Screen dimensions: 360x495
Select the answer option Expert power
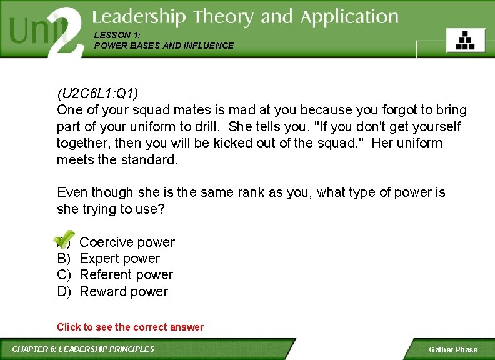[x=119, y=259]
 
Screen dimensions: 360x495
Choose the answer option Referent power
[x=126, y=275]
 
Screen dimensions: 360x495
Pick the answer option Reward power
[x=124, y=292]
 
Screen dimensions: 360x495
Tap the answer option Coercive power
[x=127, y=242]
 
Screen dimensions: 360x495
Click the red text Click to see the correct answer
[x=130, y=327]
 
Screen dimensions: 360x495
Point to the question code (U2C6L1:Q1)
[x=97, y=94]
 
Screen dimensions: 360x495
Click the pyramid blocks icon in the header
[x=465, y=40]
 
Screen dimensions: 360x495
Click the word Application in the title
[x=349, y=17]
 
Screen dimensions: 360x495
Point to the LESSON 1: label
[x=114, y=36]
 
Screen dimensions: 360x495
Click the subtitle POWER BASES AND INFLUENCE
[x=164, y=46]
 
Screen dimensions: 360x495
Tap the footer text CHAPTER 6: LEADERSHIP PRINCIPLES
[x=83, y=349]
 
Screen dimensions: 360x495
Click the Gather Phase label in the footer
[x=452, y=349]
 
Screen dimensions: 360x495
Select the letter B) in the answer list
[x=64, y=259]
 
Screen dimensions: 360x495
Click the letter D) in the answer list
[x=64, y=292]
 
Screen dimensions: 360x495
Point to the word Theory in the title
[x=224, y=17]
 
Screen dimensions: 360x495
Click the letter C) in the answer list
[x=64, y=275]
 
